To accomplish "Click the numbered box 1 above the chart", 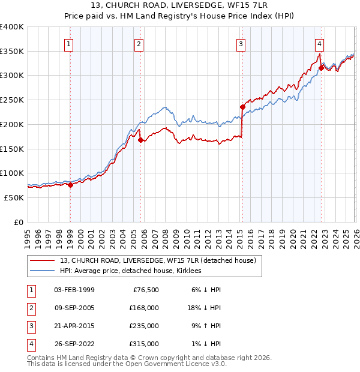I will pos(70,44).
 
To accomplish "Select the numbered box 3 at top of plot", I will pos(241,44).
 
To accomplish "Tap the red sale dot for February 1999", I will pos(70,185).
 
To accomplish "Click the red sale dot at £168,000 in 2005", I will pos(140,140).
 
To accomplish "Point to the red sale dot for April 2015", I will pos(242,107).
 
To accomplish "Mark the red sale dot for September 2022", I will pos(321,68).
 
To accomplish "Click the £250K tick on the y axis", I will pos(12,100).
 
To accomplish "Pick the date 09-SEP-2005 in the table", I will pos(74,307).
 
